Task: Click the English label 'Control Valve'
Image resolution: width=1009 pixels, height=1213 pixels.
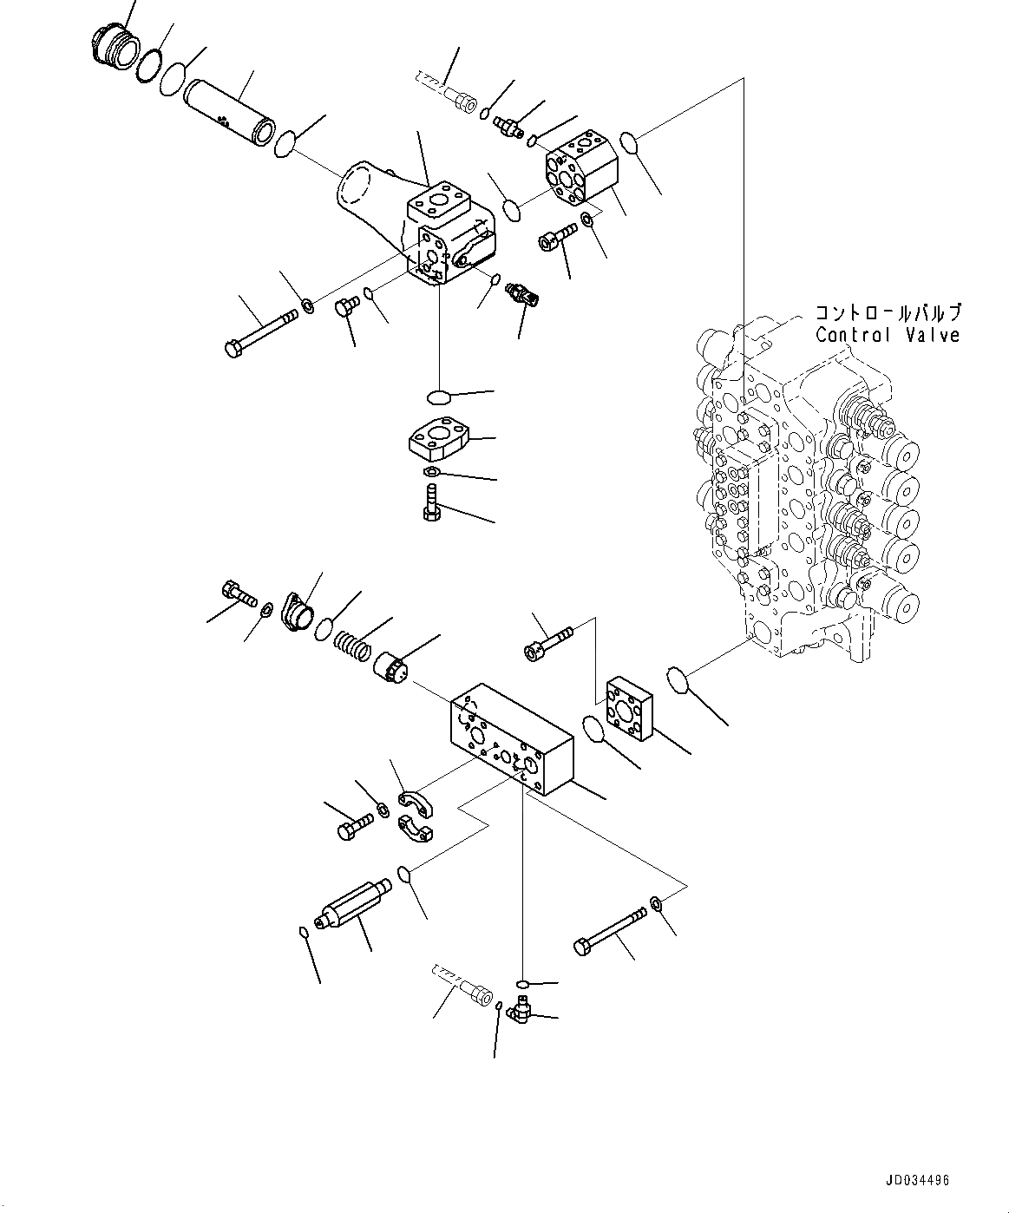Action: (887, 335)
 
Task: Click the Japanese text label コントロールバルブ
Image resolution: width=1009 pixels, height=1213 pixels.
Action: (887, 313)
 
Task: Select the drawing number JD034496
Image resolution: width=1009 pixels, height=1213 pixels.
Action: (917, 1180)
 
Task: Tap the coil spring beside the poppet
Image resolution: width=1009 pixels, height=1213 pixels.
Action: (351, 645)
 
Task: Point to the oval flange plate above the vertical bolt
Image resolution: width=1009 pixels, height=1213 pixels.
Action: (439, 437)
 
